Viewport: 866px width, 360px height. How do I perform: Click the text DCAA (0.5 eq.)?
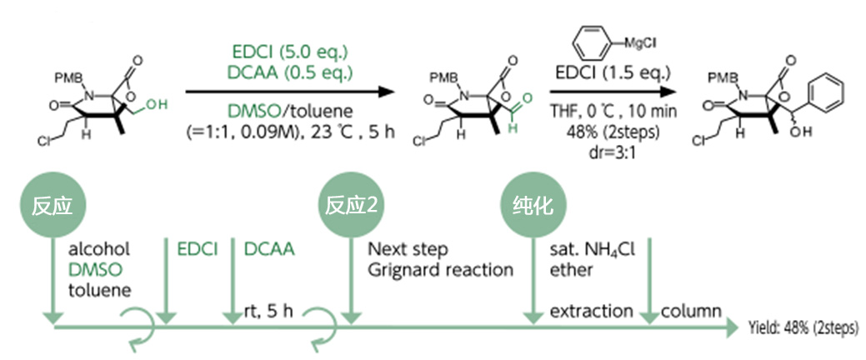click(x=289, y=72)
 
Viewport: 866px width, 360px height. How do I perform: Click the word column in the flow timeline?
click(x=691, y=311)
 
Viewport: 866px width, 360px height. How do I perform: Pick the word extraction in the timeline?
click(x=591, y=311)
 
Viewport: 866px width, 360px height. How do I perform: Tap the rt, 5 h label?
click(x=269, y=311)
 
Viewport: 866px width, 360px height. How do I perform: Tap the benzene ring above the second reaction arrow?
click(x=595, y=40)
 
